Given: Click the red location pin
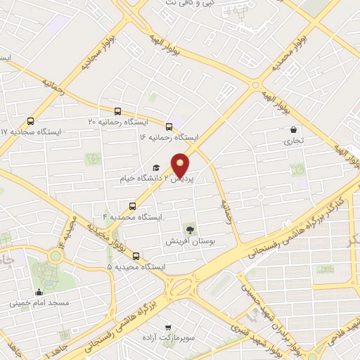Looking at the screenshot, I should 181,165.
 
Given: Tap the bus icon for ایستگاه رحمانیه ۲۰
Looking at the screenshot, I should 117,111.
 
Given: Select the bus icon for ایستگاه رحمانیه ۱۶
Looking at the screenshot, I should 169,127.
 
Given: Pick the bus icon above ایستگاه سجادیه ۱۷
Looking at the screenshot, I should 30,121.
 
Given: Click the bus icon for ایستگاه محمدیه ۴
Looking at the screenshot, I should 131,206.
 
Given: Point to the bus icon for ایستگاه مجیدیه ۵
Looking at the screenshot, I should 136,256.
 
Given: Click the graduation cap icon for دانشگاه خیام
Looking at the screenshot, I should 156,168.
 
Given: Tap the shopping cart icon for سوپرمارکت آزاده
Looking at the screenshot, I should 167,327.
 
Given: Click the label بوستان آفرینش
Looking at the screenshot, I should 188,241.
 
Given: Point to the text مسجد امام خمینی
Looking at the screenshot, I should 39,304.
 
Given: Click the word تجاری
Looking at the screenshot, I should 293,141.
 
